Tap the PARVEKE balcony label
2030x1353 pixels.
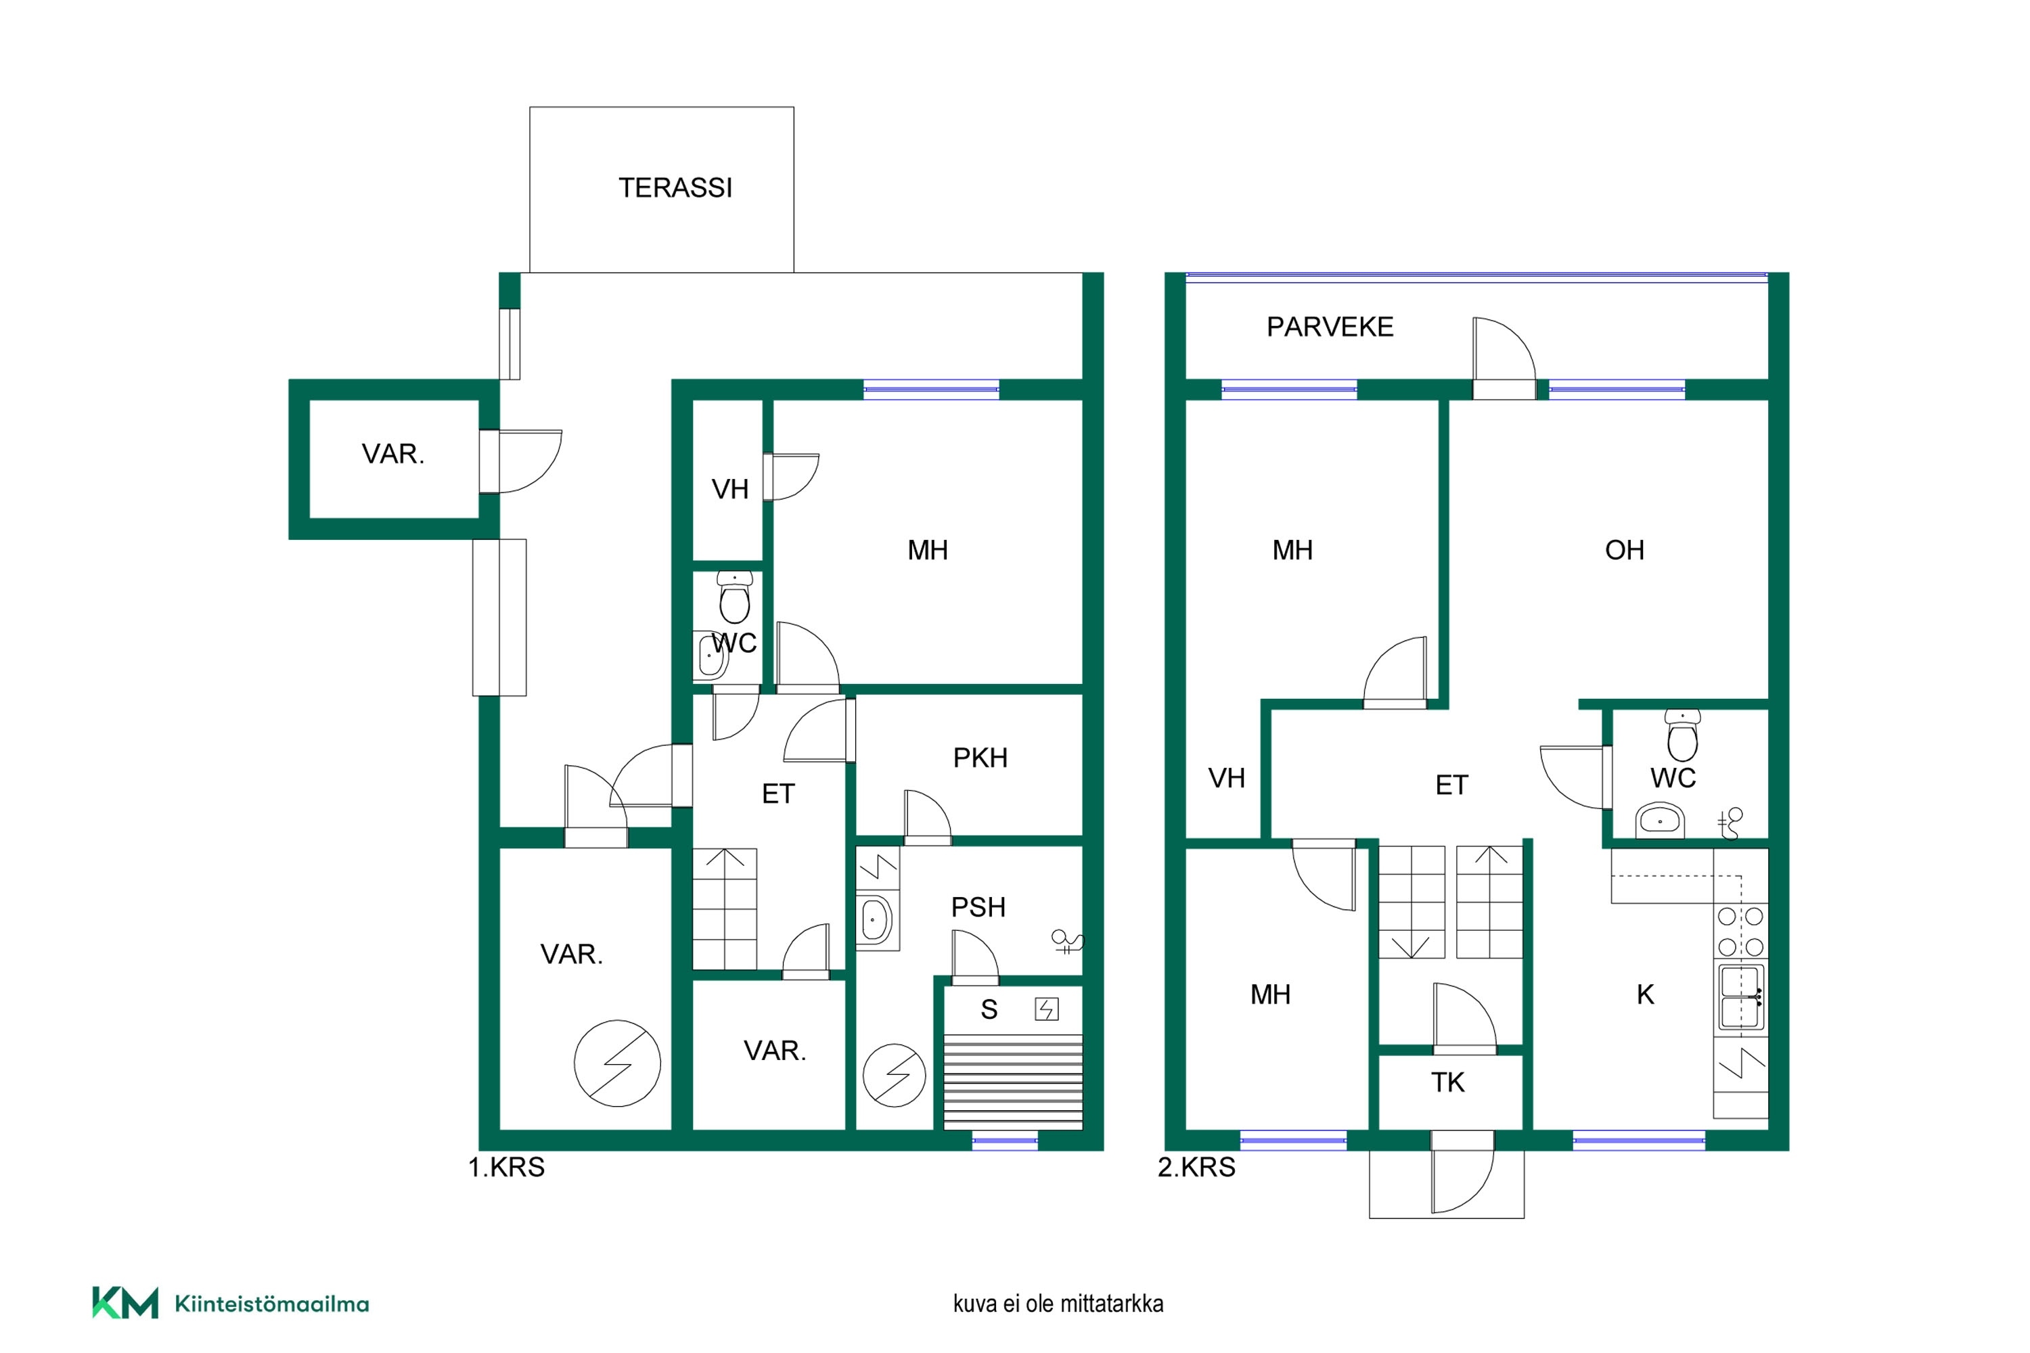1330,327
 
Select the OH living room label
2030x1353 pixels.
1625,551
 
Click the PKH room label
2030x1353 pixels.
980,758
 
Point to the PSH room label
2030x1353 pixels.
978,908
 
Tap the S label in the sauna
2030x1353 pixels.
989,1009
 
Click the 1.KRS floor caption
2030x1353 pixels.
507,1168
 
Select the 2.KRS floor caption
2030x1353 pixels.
1196,1168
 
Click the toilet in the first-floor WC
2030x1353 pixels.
734,597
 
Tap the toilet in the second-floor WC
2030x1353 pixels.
1682,735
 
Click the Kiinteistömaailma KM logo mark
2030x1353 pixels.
125,1303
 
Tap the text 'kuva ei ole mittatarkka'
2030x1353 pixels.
1058,1303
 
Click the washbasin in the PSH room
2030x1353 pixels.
874,921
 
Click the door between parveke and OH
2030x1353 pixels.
1504,358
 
